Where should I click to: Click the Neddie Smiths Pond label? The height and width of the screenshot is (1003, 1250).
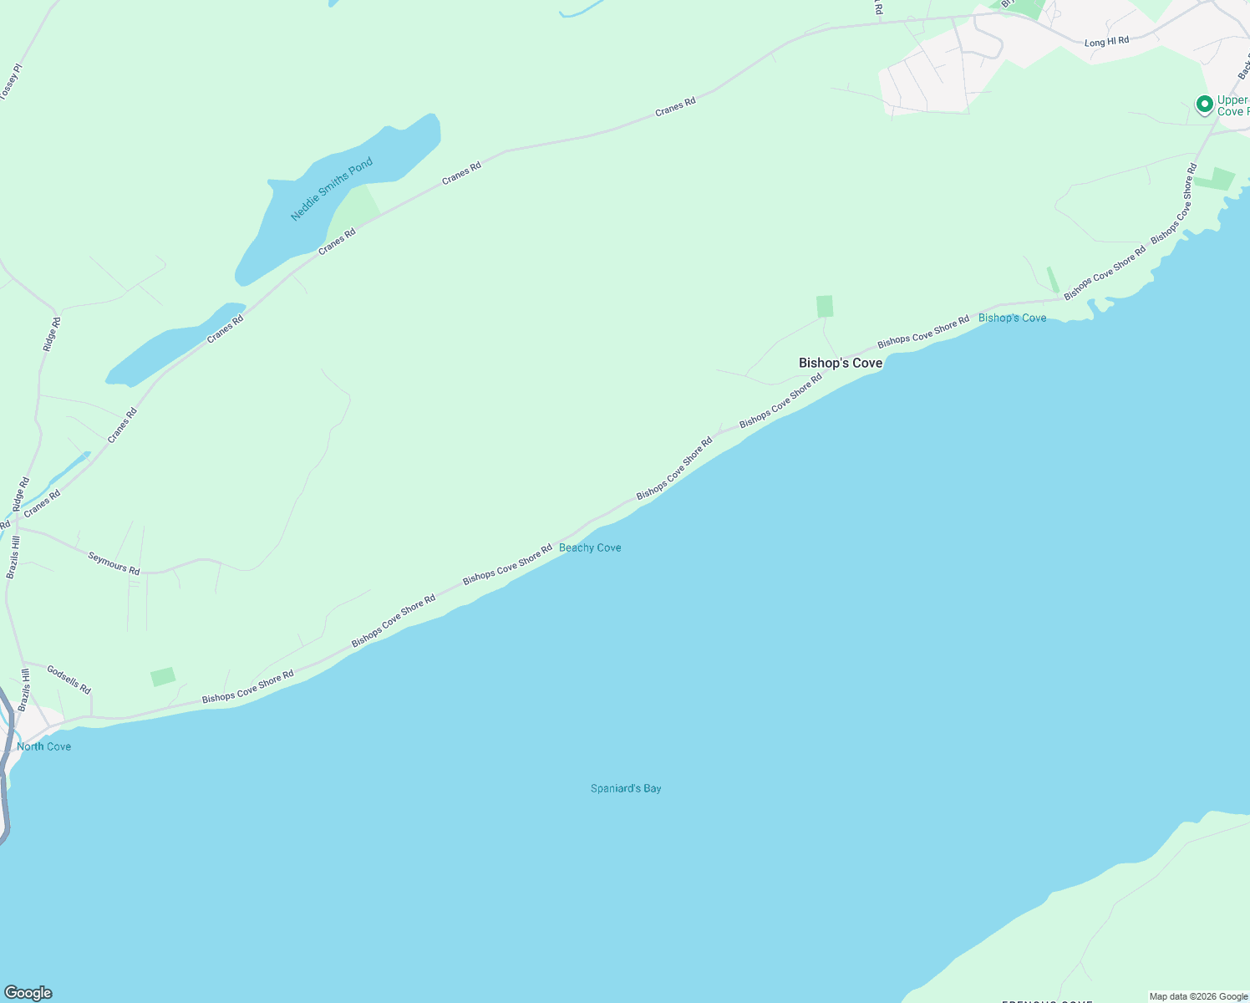pyautogui.click(x=332, y=190)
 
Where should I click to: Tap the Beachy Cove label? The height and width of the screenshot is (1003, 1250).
pyautogui.click(x=590, y=547)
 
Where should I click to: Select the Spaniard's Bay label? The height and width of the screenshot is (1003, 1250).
pyautogui.click(x=626, y=788)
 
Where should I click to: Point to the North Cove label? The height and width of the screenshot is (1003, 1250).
pyautogui.click(x=44, y=746)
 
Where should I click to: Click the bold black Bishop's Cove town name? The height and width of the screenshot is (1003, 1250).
pyautogui.click(x=841, y=363)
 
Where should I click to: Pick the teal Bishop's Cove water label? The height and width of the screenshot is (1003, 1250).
pyautogui.click(x=1012, y=318)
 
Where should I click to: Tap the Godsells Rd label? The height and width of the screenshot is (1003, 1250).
pyautogui.click(x=69, y=680)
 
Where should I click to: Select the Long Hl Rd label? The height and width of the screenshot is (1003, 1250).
pyautogui.click(x=1106, y=42)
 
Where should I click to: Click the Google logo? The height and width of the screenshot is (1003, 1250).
pyautogui.click(x=28, y=993)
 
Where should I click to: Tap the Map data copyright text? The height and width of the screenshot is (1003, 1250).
pyautogui.click(x=1198, y=996)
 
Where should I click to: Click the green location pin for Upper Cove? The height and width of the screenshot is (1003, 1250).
pyautogui.click(x=1204, y=104)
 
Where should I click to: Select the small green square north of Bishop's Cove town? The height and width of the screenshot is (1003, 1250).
pyautogui.click(x=825, y=306)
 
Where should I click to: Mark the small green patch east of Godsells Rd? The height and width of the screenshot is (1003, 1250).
pyautogui.click(x=163, y=676)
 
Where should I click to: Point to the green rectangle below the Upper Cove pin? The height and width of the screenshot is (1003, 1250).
pyautogui.click(x=1216, y=179)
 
